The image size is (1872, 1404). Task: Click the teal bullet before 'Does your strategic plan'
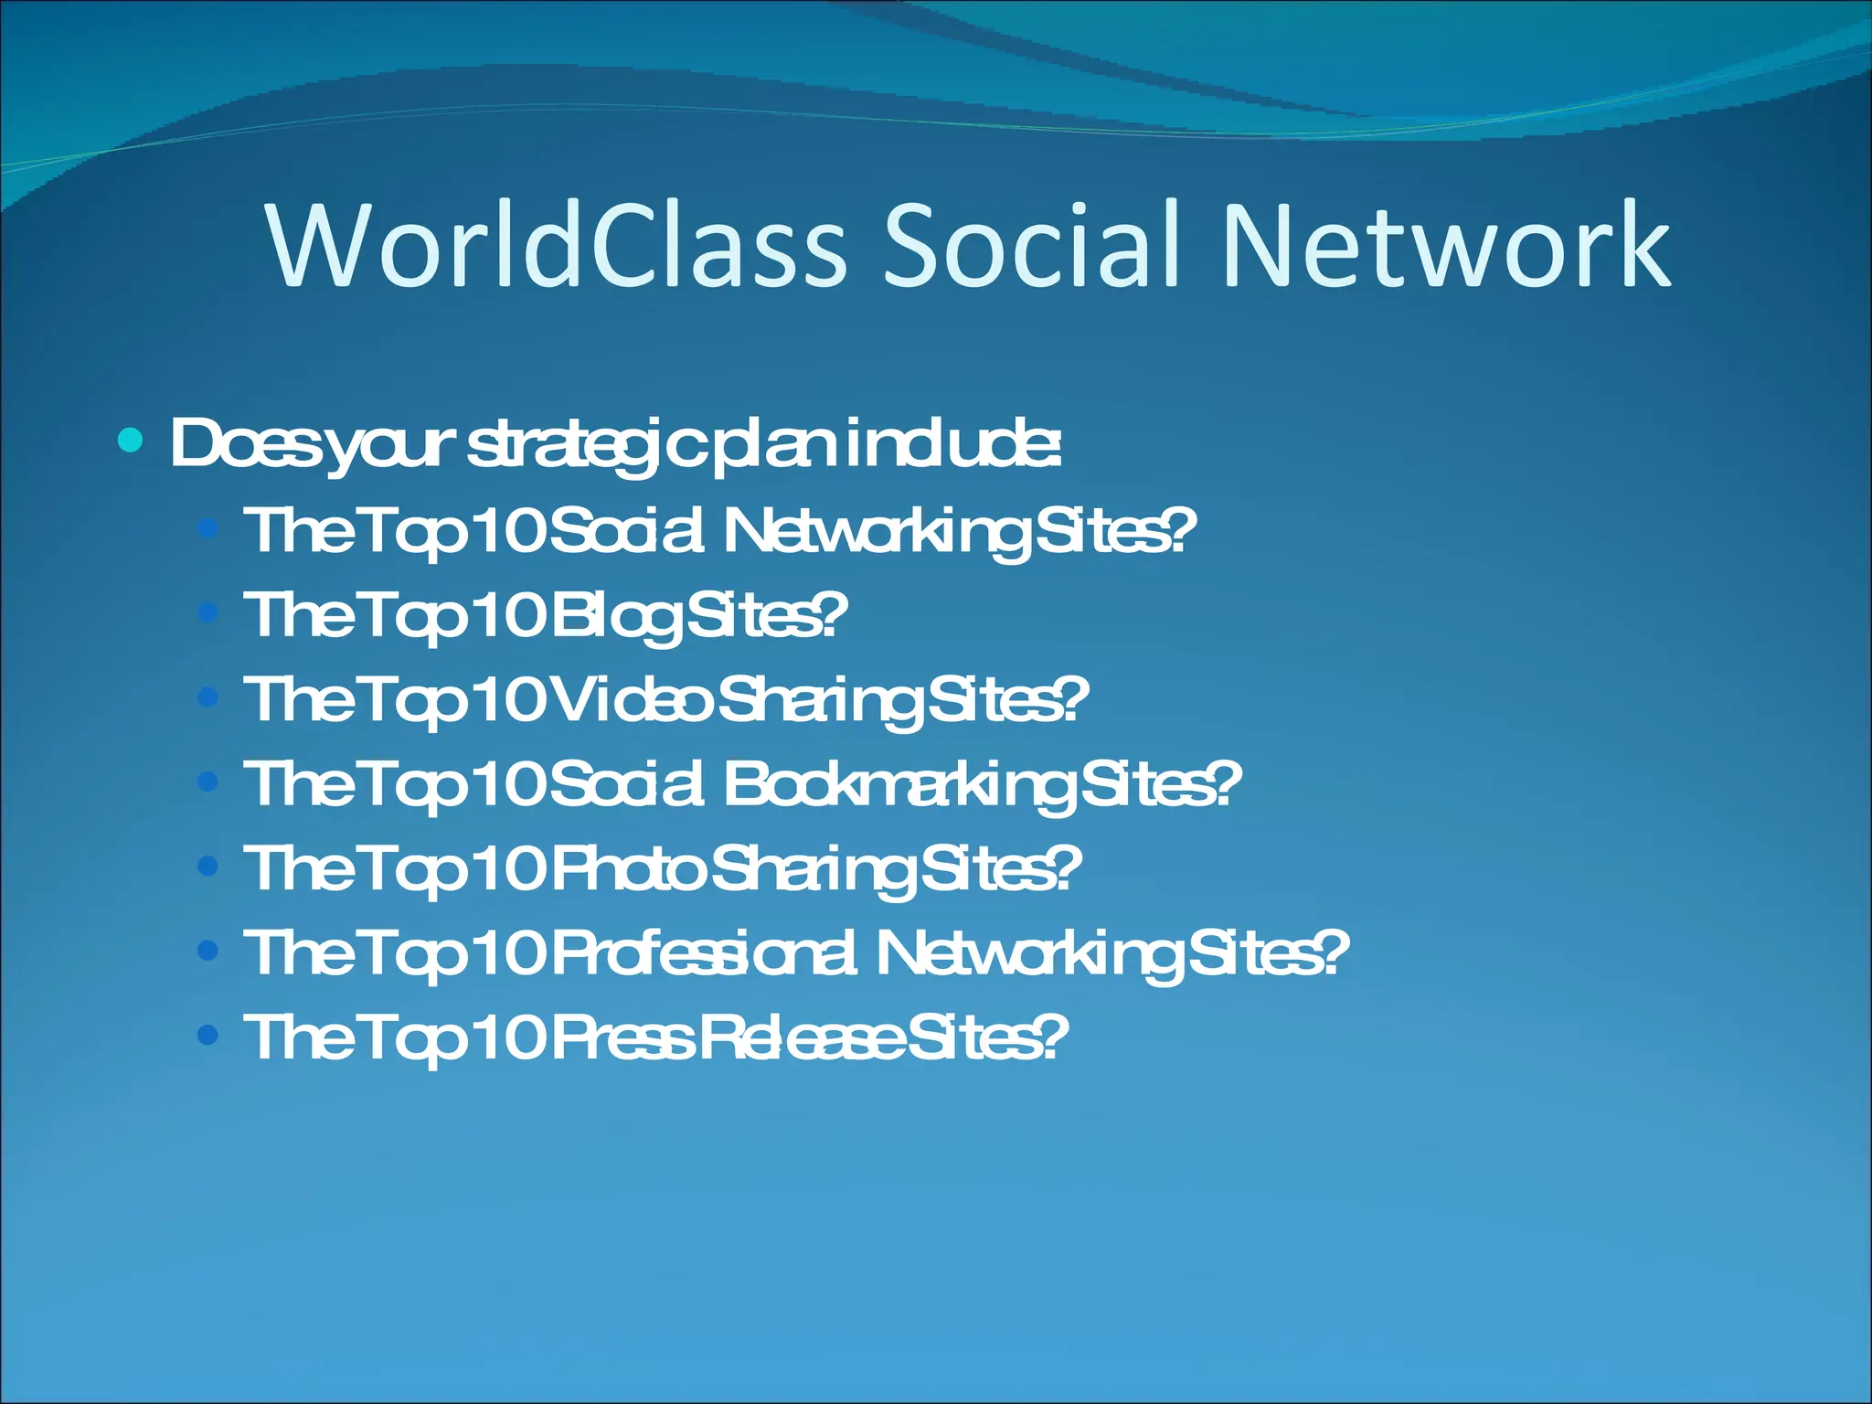[131, 441]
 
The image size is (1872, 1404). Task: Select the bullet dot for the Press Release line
[208, 1035]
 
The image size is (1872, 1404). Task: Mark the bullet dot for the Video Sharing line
[208, 698]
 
